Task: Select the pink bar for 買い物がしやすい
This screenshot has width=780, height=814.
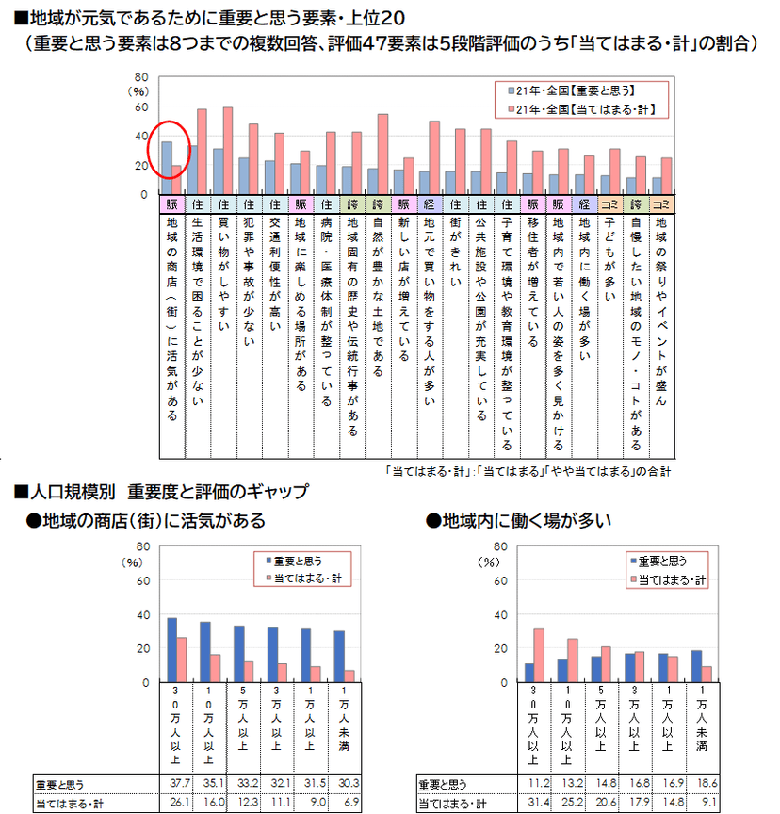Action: point(227,151)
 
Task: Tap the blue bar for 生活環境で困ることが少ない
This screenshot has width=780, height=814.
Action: point(192,169)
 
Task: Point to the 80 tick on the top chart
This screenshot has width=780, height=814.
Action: point(139,77)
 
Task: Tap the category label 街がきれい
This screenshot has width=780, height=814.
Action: point(457,254)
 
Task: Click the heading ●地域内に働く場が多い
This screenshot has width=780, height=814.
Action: point(519,520)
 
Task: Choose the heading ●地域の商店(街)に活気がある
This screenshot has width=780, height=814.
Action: point(147,520)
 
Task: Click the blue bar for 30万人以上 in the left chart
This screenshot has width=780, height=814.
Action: point(171,650)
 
